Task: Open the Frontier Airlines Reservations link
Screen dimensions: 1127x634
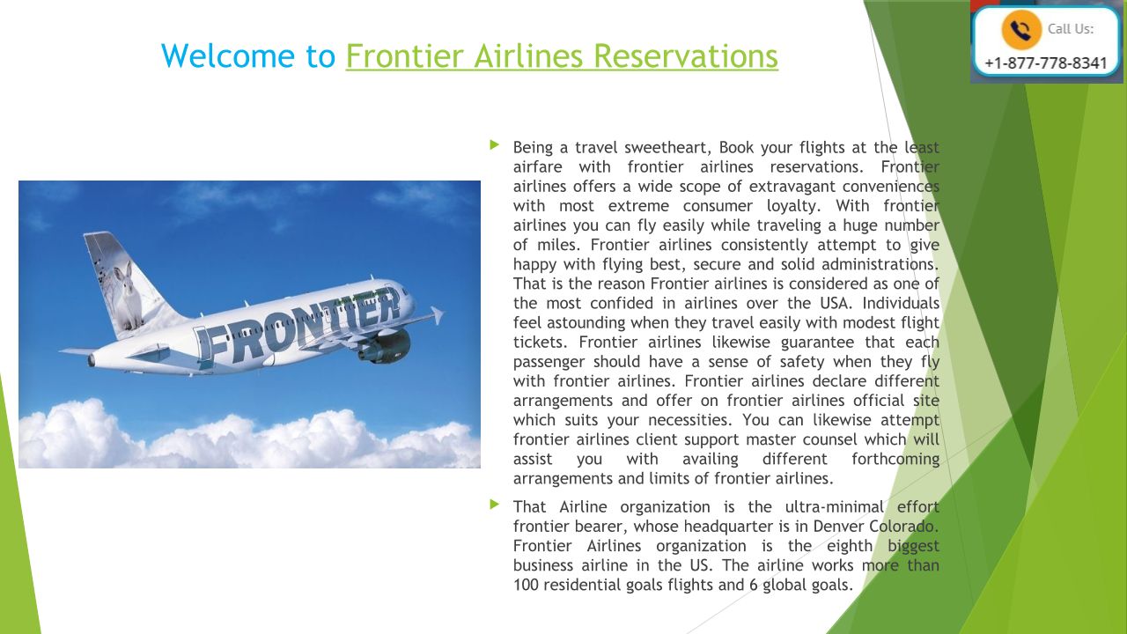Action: click(x=562, y=55)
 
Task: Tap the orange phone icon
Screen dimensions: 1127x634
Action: click(x=1020, y=30)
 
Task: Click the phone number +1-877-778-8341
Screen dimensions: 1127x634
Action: click(x=1046, y=63)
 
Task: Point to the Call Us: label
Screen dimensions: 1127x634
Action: click(x=1071, y=29)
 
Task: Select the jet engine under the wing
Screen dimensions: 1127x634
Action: click(x=385, y=346)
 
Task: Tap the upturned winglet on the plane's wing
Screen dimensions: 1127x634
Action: click(x=436, y=315)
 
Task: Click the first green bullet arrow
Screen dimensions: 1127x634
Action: click(x=494, y=145)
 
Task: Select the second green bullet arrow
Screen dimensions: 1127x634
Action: click(x=494, y=505)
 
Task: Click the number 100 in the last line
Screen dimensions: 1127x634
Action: click(x=526, y=586)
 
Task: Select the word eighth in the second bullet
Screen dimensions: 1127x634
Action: click(x=850, y=547)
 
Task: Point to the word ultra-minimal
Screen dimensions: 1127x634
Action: click(x=834, y=506)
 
